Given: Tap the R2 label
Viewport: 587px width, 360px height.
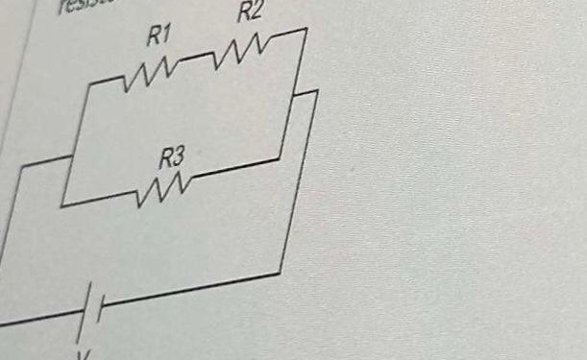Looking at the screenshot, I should point(250,12).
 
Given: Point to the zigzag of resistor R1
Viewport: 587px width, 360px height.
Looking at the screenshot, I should point(148,73).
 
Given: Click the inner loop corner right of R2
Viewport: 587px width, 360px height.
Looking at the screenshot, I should point(306,30).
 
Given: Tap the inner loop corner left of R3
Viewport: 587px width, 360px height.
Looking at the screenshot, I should point(61,205).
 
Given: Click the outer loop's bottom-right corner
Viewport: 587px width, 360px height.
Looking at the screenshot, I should point(281,273).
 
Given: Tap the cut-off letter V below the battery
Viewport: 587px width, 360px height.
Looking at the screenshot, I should point(82,353).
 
